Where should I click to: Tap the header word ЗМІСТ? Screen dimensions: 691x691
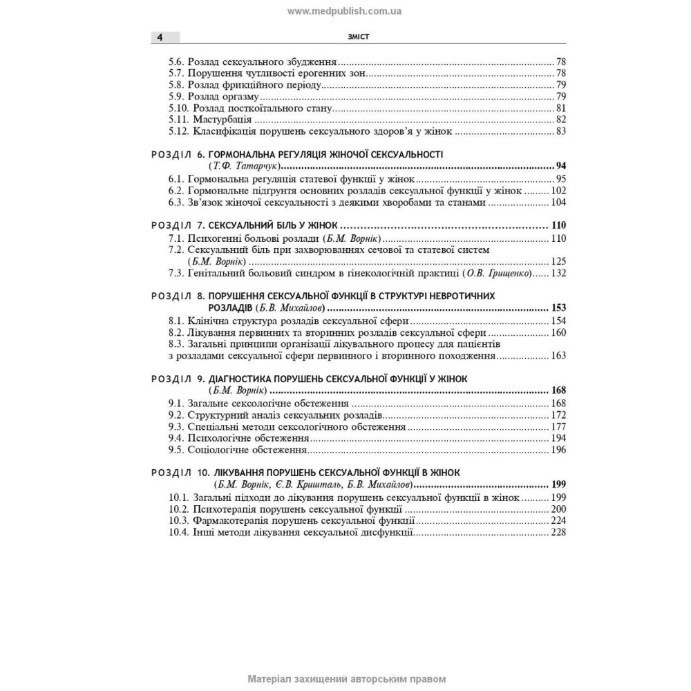click(x=359, y=37)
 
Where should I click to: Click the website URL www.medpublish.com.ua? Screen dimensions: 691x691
click(x=345, y=11)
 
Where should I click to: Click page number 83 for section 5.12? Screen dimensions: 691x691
click(x=560, y=131)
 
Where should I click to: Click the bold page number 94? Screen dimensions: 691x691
click(x=560, y=167)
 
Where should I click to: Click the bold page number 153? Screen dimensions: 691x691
click(x=558, y=308)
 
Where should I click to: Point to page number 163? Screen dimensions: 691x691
click(x=558, y=356)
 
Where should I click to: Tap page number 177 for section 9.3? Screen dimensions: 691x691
click(x=558, y=427)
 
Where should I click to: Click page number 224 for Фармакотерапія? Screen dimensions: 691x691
click(x=558, y=521)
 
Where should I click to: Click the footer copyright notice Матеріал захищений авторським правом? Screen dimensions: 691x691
click(x=346, y=679)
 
